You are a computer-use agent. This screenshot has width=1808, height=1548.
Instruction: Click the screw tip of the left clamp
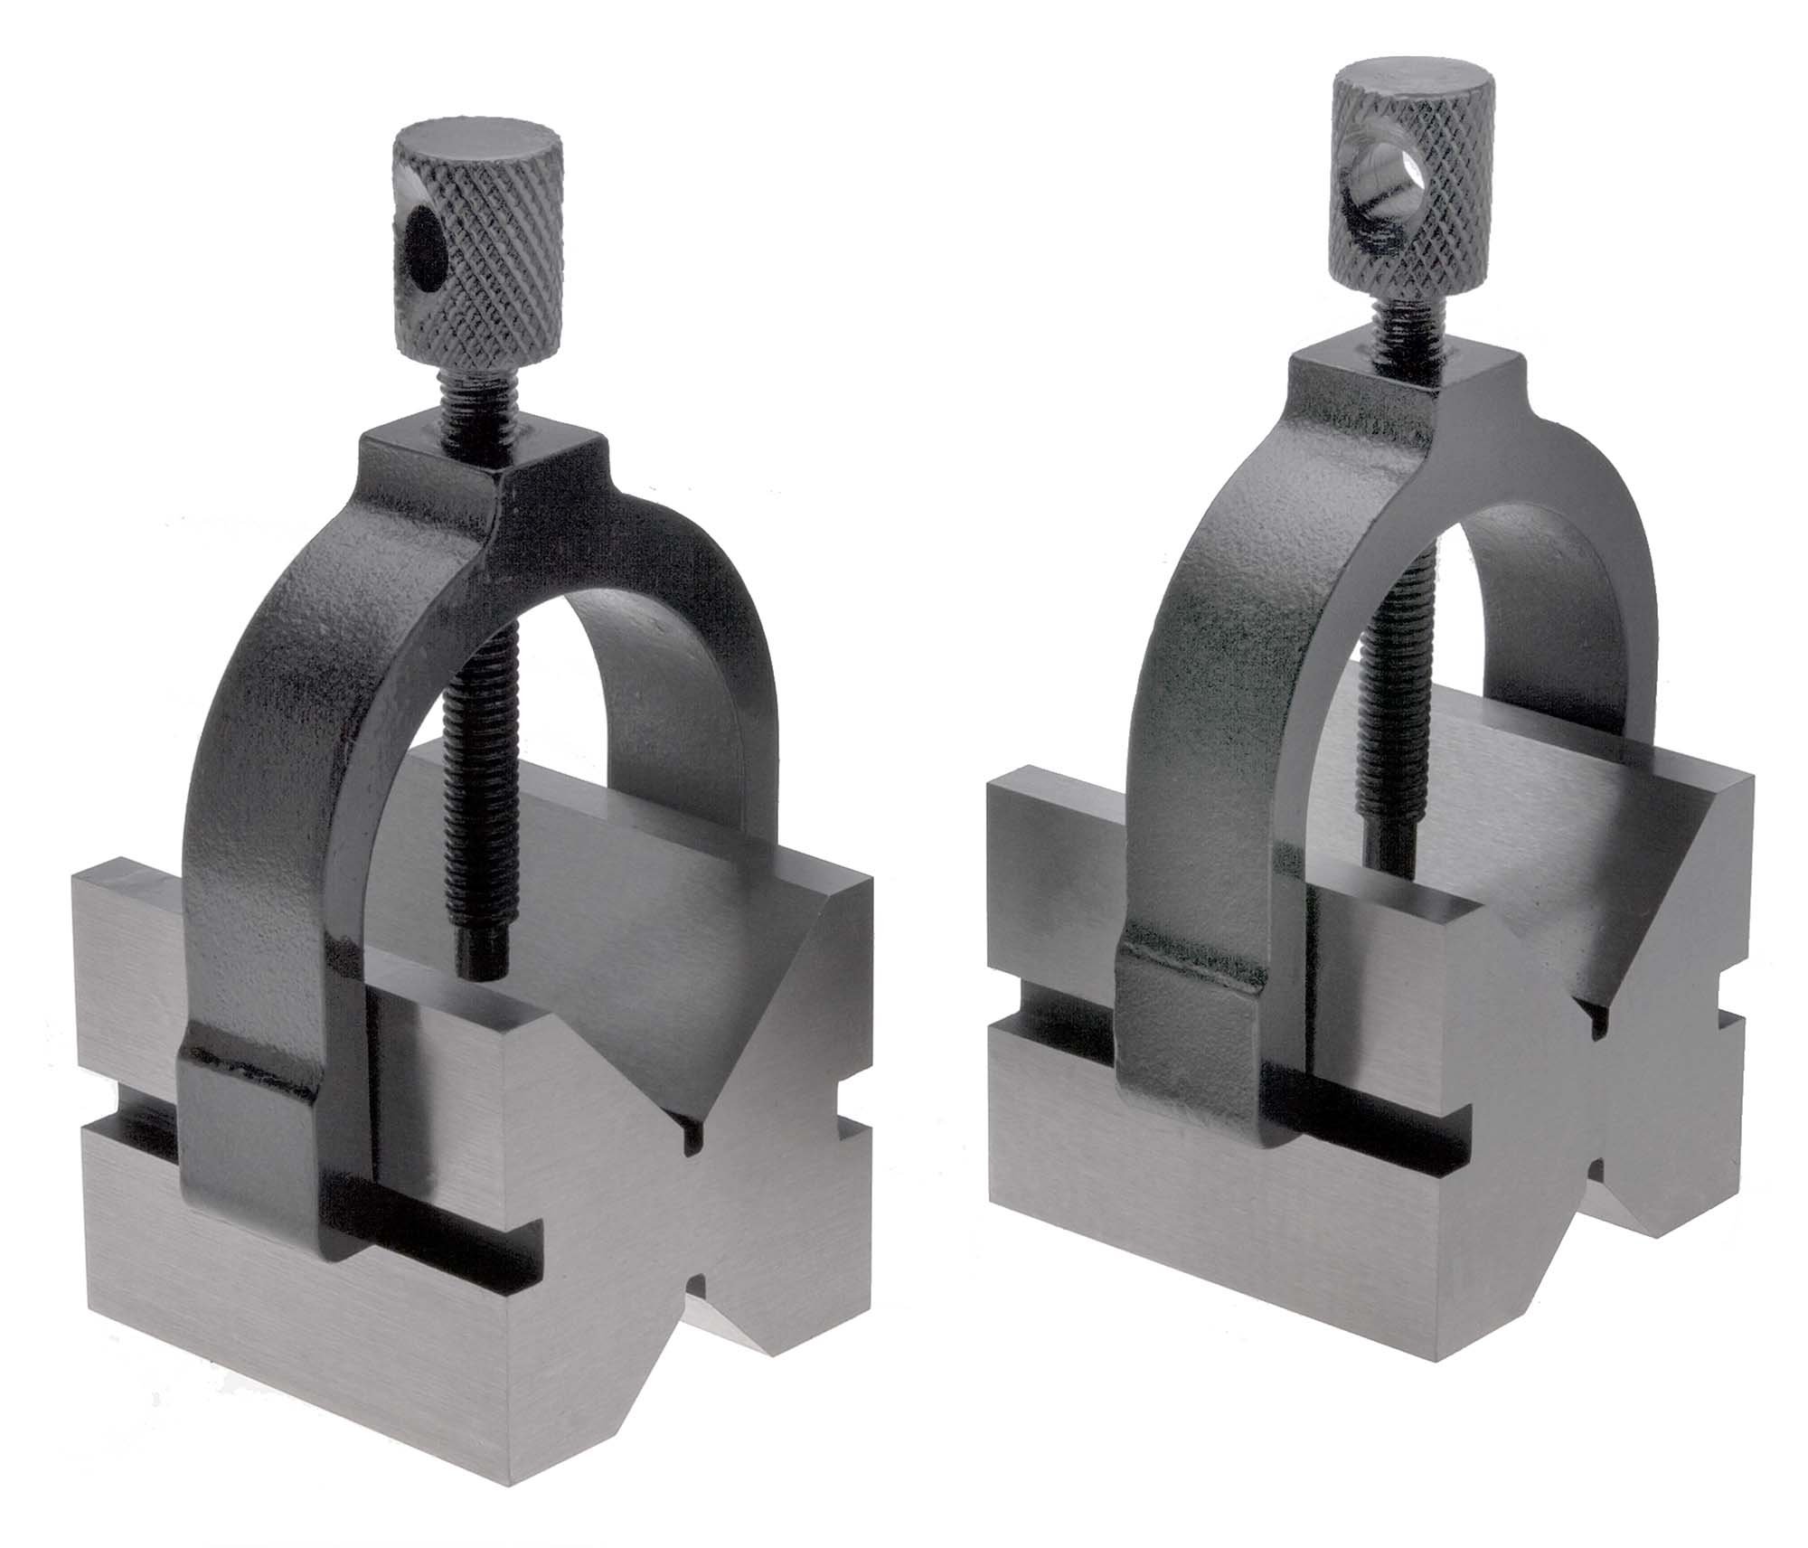coord(479,958)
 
